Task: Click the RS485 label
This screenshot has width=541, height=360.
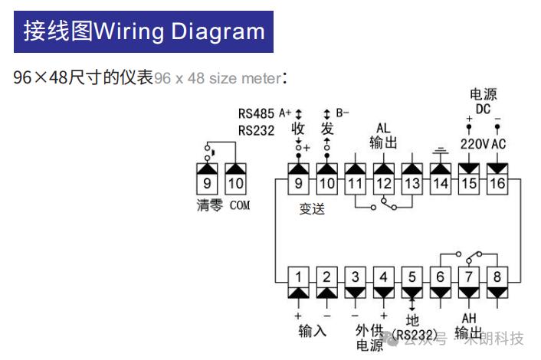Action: tap(256, 113)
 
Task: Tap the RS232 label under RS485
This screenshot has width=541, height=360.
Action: tap(256, 131)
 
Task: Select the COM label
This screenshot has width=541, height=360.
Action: tap(240, 205)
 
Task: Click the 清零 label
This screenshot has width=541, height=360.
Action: tap(209, 205)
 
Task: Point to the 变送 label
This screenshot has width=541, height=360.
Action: tap(312, 209)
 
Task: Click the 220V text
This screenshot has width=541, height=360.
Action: tap(474, 144)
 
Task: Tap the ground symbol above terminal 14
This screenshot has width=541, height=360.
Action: tap(441, 151)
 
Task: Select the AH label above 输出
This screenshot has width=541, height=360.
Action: tap(469, 318)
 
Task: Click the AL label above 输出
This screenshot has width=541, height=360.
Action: tap(383, 128)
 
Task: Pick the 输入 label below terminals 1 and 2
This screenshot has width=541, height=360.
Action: tap(312, 331)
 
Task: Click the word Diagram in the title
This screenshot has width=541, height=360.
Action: tap(218, 31)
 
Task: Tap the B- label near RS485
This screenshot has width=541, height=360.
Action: tap(343, 113)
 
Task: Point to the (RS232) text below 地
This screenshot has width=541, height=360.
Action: tap(415, 335)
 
